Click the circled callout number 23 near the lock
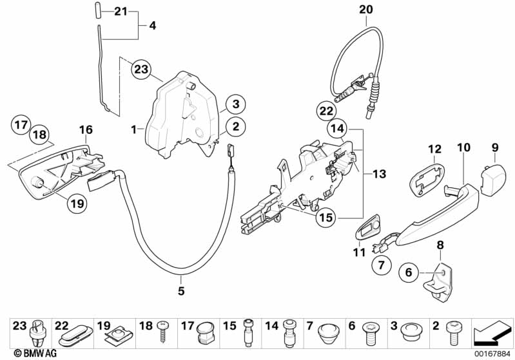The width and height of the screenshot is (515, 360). [141, 69]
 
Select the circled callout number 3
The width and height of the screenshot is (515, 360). [236, 104]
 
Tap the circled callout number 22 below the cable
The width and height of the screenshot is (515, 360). [325, 110]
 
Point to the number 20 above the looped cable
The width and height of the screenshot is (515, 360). [365, 10]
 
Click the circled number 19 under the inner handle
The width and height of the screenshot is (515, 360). [77, 204]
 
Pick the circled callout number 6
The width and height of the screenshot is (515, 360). [407, 272]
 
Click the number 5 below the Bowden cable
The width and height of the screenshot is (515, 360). [181, 291]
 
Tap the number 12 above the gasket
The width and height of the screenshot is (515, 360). [433, 149]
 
